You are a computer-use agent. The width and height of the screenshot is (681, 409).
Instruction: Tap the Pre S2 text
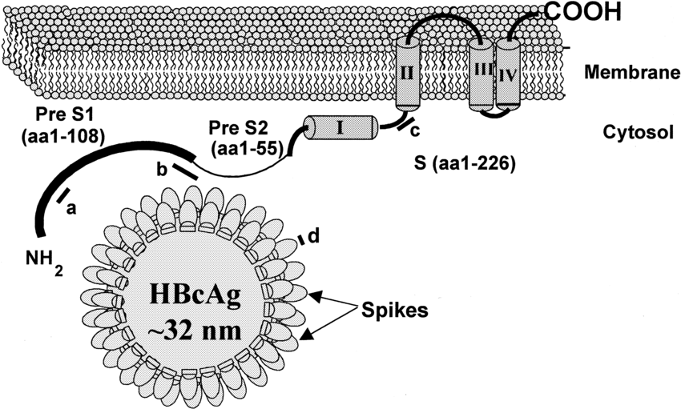coord(234,129)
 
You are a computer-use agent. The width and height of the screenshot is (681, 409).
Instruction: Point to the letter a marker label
coord(70,208)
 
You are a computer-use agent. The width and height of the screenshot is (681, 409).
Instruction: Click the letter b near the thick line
coord(161,170)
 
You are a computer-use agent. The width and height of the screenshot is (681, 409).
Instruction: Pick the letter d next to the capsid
coord(313,235)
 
